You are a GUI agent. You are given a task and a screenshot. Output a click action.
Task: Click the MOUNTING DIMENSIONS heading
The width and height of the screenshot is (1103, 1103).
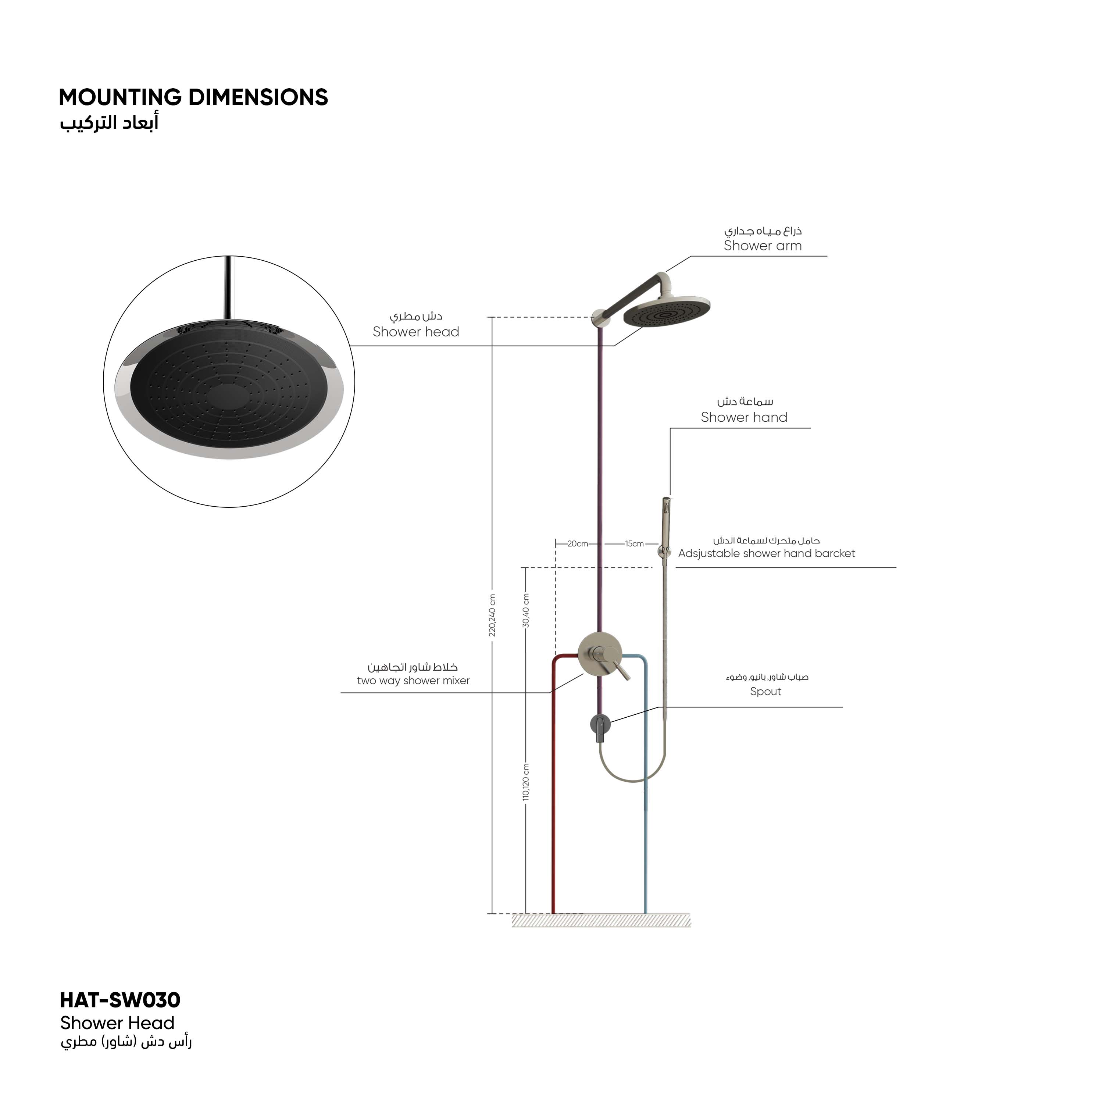[193, 98]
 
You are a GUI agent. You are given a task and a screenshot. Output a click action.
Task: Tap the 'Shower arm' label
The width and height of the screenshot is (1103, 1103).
[763, 246]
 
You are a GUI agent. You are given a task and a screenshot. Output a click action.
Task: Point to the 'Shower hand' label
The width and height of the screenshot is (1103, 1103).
[744, 417]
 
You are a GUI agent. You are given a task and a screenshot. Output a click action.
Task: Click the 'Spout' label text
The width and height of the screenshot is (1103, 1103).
[765, 691]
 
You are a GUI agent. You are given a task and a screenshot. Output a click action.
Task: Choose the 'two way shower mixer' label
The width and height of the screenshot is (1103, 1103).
[413, 681]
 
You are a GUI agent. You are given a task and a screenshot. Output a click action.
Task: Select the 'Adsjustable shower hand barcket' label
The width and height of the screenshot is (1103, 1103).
[767, 553]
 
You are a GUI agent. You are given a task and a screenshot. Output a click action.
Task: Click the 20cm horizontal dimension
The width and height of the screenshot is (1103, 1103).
[578, 543]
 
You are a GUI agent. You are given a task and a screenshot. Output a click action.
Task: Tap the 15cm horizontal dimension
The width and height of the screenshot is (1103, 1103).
[634, 543]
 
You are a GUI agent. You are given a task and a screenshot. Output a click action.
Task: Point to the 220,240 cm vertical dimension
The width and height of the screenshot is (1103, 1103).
[492, 615]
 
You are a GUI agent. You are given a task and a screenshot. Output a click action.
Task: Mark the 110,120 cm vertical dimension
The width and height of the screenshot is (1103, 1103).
[526, 782]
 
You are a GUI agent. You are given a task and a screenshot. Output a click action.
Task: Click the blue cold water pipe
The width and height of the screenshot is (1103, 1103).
[646, 828]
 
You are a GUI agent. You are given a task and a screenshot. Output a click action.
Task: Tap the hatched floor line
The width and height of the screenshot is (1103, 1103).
[601, 920]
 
